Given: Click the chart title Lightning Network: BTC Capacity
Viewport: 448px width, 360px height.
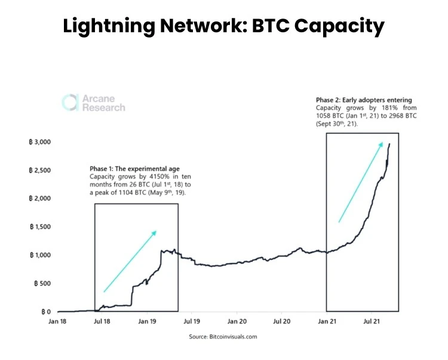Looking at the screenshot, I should coord(223,26).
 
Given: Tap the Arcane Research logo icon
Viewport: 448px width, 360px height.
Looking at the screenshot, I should coord(70,102).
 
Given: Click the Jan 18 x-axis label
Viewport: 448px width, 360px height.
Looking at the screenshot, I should coord(58,321).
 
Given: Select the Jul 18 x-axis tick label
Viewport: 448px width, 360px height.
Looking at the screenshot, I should coord(103,321).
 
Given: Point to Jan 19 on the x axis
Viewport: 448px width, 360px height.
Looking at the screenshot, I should coord(148,321).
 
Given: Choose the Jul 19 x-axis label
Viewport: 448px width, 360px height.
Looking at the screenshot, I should coord(192,321).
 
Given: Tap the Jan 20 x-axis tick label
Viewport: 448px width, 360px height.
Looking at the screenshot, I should coord(237,321).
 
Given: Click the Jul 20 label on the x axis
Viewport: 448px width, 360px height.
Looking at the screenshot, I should coord(282,321).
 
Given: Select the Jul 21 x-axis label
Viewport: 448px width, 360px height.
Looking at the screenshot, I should coord(372,321).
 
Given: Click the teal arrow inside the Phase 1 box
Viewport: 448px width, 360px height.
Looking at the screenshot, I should coord(130,261).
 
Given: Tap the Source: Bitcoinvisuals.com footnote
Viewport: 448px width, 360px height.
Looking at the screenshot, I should coord(223,337).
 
